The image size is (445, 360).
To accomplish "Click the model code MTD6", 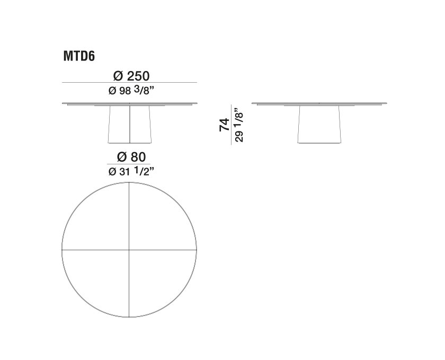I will [x=79, y=56].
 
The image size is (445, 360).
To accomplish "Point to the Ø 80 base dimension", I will [x=130, y=157].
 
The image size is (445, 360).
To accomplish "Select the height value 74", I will [x=225, y=125].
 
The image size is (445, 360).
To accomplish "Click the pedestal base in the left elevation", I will [x=120, y=125].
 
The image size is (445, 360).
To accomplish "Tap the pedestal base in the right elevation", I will [x=318, y=125].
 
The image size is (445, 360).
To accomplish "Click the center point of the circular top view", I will [x=130, y=249].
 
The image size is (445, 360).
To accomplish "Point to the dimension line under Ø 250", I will [x=130, y=83].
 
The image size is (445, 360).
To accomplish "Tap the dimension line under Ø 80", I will [x=130, y=165].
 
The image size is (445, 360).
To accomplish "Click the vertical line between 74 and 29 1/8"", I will [x=231, y=125].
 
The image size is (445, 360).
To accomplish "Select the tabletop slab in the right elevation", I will [x=318, y=103].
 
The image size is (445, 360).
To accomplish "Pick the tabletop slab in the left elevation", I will [x=130, y=103].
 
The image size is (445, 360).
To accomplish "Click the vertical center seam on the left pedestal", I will [x=130, y=125].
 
